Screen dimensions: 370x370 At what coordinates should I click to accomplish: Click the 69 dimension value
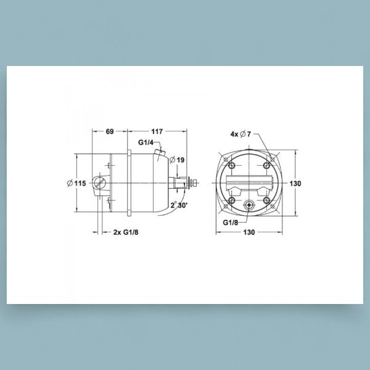coord(110,131)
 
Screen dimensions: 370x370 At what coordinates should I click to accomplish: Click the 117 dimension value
coord(157,131)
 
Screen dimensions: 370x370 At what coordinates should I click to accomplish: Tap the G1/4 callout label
coord(146,142)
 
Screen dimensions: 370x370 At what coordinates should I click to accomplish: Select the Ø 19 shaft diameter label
coord(177,160)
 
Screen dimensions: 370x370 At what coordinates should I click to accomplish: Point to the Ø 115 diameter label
coord(76,183)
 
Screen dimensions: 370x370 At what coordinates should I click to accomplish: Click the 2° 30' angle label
coord(179,205)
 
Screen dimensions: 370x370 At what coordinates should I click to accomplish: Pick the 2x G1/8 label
coord(126,232)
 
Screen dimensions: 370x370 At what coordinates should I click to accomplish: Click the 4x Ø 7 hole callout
coord(240,134)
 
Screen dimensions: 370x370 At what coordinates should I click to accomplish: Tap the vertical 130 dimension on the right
coord(295,183)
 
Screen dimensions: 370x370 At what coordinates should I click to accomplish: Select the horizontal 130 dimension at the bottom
coord(249,232)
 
